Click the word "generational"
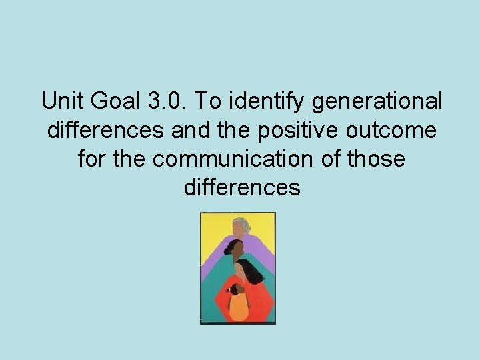[377, 102]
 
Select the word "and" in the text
[190, 131]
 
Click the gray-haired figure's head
[239, 227]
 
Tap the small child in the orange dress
[237, 303]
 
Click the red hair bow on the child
[229, 289]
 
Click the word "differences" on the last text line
[241, 189]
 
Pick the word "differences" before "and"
[106, 131]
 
